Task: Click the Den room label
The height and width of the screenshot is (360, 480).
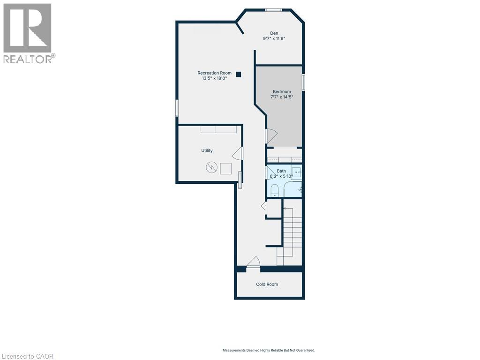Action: (x=274, y=33)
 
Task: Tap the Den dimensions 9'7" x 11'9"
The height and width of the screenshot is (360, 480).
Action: (x=274, y=39)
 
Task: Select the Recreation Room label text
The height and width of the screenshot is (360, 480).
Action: (x=214, y=73)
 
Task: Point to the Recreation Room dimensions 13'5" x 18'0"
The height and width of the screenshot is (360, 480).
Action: (x=214, y=79)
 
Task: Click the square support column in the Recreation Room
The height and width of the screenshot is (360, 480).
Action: (x=239, y=74)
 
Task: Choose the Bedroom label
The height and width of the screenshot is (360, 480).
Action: (x=282, y=91)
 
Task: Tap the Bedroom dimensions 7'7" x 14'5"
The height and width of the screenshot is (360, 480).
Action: (x=282, y=97)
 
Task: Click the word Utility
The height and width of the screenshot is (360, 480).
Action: (x=207, y=150)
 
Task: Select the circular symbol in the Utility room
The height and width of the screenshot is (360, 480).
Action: (x=211, y=167)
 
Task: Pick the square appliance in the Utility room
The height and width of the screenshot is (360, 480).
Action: (x=226, y=168)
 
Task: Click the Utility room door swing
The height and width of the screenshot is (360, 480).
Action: (x=238, y=153)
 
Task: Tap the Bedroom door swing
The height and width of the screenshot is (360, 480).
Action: (x=272, y=136)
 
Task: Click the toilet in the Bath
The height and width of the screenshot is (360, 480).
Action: (x=275, y=190)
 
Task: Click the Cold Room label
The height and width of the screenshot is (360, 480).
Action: (x=267, y=284)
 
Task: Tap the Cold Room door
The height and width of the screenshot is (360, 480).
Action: (x=253, y=262)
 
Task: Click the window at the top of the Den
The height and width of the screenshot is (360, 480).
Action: (x=273, y=10)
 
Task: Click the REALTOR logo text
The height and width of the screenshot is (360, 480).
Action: (x=29, y=59)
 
